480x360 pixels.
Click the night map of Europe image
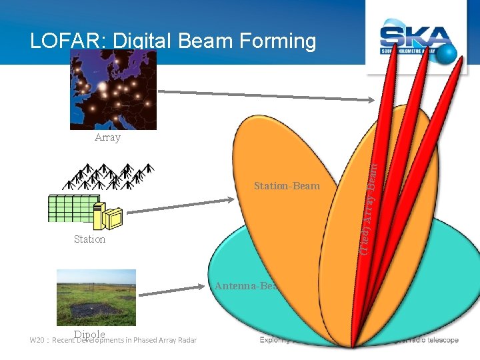pyautogui.click(x=113, y=90)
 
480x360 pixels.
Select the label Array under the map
pyautogui.click(x=107, y=137)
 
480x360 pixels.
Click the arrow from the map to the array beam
pyautogui.click(x=267, y=95)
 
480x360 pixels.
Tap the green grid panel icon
pyautogui.click(x=72, y=208)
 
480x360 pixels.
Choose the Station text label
pyautogui.click(x=89, y=239)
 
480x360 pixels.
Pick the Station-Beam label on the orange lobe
pyautogui.click(x=287, y=186)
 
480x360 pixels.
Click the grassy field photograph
pyautogui.click(x=96, y=297)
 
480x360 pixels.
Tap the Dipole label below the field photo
pyautogui.click(x=90, y=333)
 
